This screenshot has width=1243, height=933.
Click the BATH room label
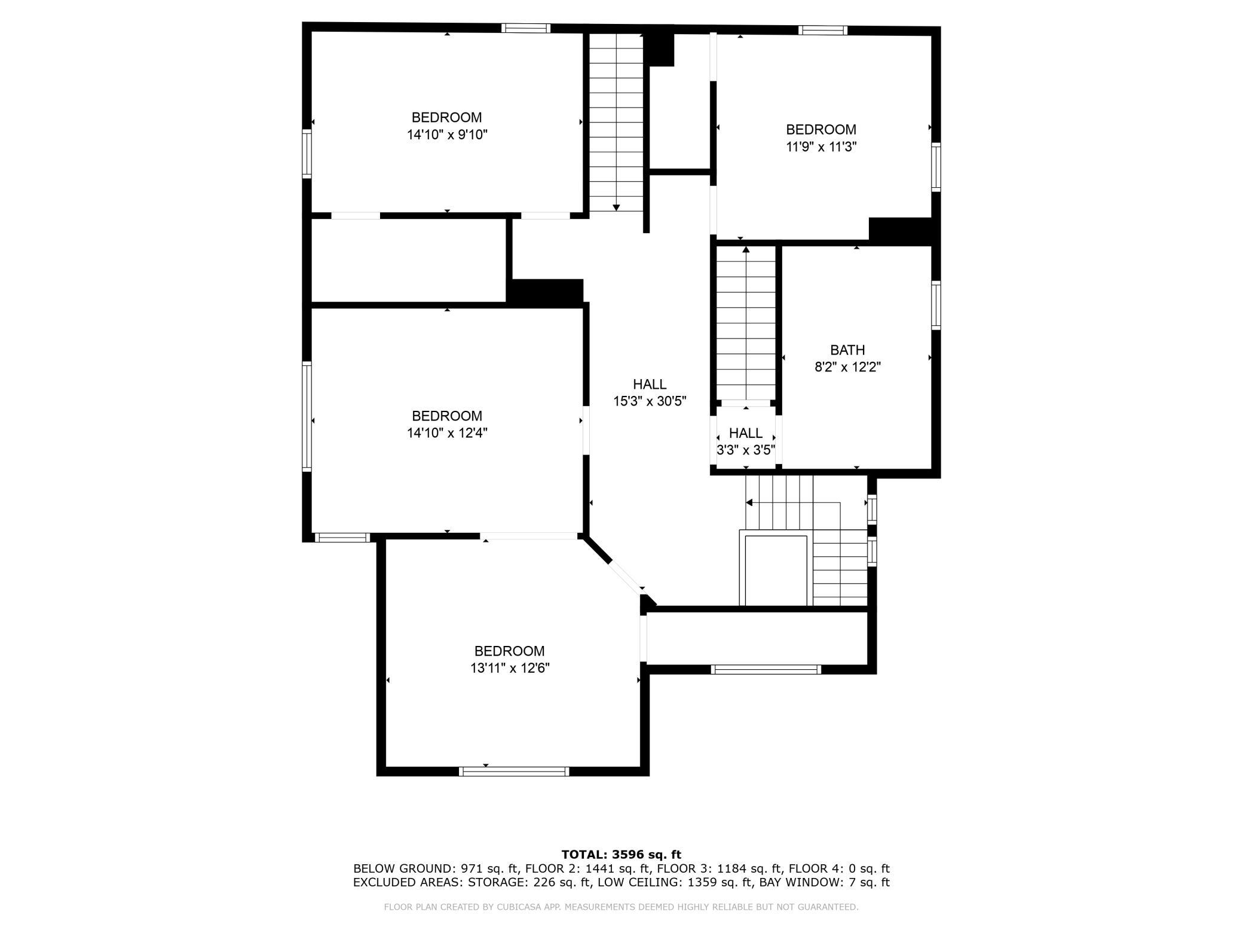[847, 350]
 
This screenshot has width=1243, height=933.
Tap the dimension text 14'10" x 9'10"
[447, 135]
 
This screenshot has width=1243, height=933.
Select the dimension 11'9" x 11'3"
[821, 147]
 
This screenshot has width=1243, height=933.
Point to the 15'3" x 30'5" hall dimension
[650, 401]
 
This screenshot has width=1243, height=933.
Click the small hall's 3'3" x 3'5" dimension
[746, 450]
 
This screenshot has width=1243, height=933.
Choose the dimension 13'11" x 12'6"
[510, 668]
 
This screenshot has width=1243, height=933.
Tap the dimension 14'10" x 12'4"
[447, 433]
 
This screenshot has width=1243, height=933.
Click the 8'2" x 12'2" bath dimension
[847, 367]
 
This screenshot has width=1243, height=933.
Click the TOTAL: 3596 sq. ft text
[621, 855]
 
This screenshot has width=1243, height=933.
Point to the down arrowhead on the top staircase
[617, 208]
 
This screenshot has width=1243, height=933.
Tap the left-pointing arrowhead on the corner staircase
[749, 502]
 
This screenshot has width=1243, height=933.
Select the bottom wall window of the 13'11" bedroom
[514, 772]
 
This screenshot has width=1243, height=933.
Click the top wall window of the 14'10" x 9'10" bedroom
[526, 28]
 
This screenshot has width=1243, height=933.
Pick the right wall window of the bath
[936, 305]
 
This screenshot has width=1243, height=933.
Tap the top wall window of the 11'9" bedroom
[823, 31]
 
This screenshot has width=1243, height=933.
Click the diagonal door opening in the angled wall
[627, 577]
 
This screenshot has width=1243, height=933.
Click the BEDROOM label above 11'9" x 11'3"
[821, 130]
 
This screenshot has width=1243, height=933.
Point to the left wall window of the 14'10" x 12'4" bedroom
[307, 416]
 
